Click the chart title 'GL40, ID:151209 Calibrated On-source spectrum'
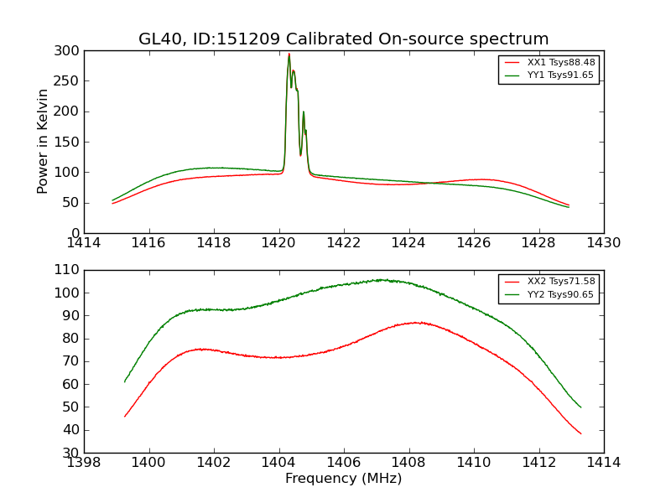coord(344,39)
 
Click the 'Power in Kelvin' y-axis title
coord(43,142)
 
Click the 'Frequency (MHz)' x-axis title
coord(344,479)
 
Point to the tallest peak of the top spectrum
coord(289,54)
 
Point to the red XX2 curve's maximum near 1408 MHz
coord(415,323)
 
